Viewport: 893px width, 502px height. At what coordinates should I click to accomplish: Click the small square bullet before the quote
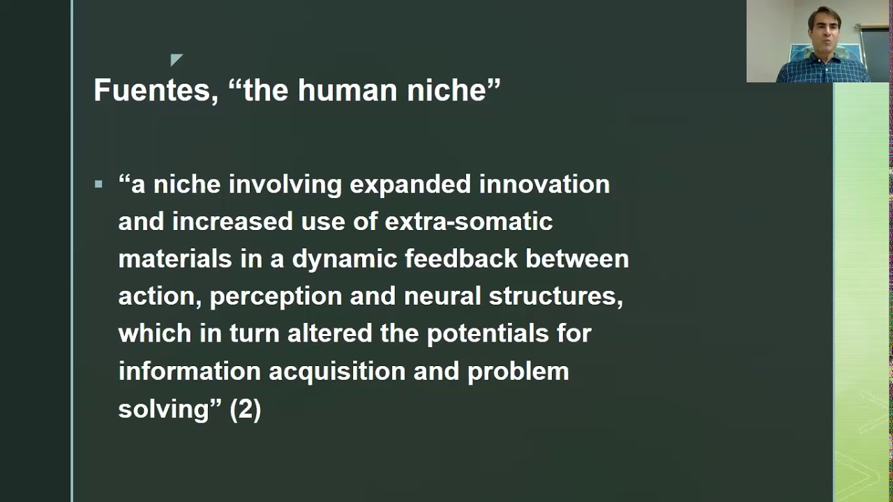[x=98, y=185]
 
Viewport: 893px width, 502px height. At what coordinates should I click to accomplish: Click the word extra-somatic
[x=469, y=222]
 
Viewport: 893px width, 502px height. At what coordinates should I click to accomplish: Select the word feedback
[x=461, y=259]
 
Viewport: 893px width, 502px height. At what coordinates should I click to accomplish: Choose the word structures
[x=555, y=296]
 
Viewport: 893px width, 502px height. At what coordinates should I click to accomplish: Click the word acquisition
[x=337, y=372]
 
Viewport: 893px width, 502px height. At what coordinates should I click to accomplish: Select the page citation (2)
[x=246, y=409]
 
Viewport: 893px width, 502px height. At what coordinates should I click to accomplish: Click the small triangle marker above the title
[x=175, y=60]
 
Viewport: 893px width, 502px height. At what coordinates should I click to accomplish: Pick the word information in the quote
[x=189, y=371]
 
